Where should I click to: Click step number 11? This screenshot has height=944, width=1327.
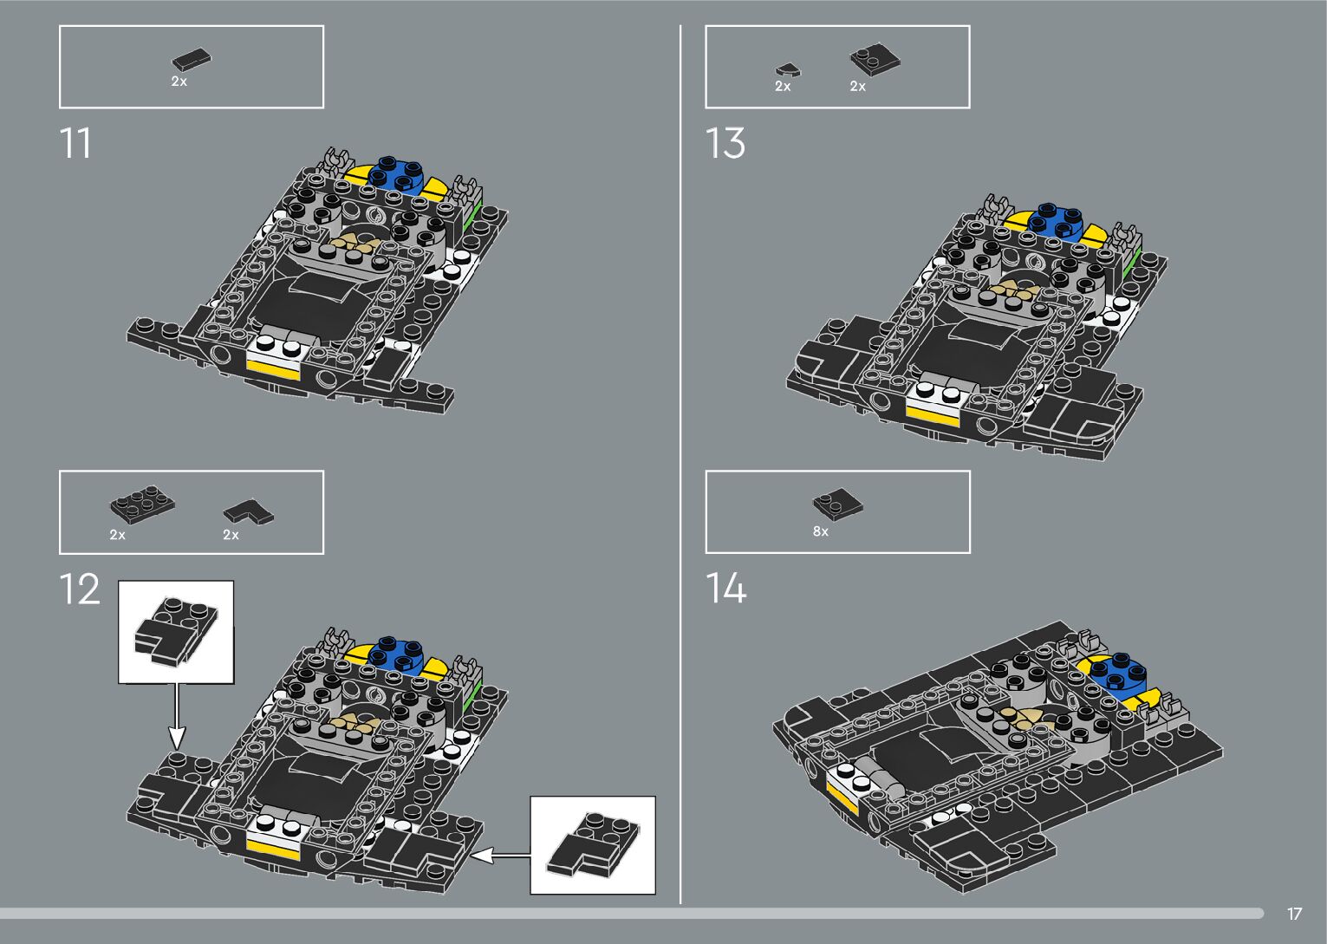coord(75,144)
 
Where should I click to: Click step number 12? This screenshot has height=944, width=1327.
coord(80,589)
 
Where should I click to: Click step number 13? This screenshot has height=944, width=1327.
coord(725,144)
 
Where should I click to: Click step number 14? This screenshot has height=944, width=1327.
coord(725,589)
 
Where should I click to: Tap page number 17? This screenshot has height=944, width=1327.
coord(1294,914)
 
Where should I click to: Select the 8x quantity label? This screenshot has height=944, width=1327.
coord(820,531)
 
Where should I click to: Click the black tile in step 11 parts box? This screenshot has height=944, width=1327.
coord(191,59)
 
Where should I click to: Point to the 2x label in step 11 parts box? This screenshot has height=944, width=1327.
coord(179,81)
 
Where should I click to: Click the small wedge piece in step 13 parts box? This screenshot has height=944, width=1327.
coord(787,69)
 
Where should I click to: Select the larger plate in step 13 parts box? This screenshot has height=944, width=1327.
coord(874,59)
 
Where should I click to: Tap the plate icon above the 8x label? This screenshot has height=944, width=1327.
coord(836,504)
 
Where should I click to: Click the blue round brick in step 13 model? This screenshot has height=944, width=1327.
coord(1054,220)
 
